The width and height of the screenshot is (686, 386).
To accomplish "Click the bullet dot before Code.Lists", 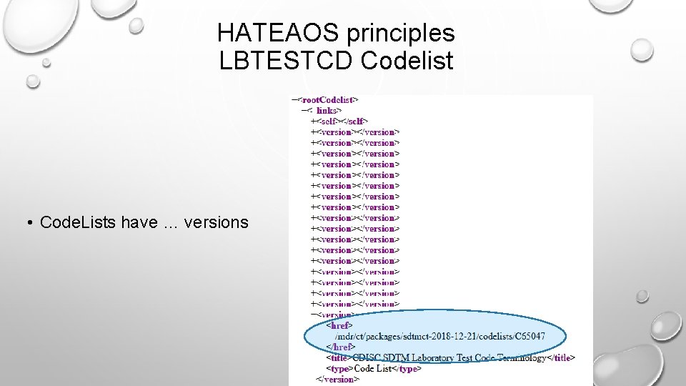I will click(32, 223).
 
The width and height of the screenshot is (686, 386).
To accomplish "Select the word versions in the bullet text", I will click(216, 222).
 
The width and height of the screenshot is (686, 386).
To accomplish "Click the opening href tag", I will click(338, 325).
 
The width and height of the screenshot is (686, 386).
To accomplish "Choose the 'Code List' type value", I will click(374, 368).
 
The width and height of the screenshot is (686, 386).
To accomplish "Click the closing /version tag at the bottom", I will click(337, 379).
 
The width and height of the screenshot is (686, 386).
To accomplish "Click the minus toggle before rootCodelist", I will click(294, 99).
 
